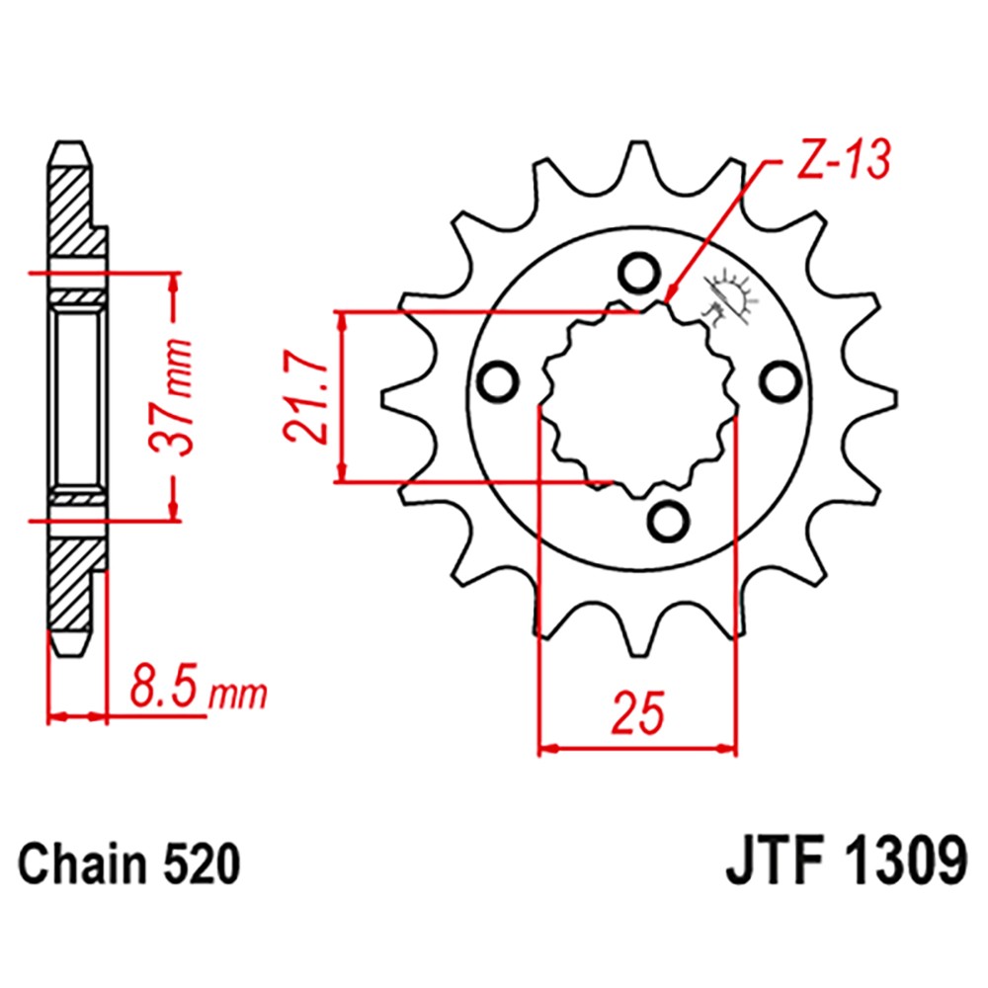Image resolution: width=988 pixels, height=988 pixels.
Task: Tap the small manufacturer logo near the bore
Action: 728,294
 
